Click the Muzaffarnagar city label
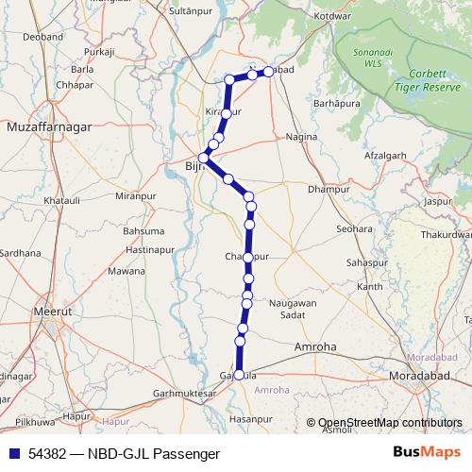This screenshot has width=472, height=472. [x=46, y=125]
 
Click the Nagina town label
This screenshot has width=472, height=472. [x=301, y=137]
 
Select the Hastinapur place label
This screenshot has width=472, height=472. [x=150, y=249]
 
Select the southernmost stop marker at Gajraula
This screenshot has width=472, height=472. [x=239, y=375]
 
